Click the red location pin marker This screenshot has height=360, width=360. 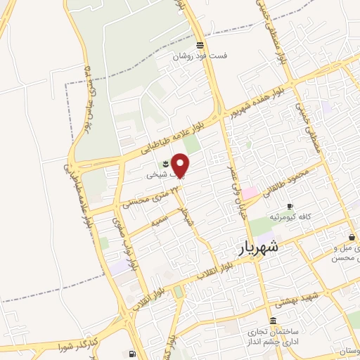click(181, 165)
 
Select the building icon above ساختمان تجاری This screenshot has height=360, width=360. click(272, 321)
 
